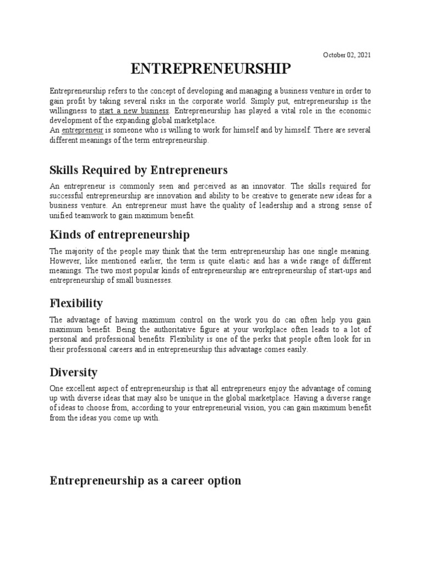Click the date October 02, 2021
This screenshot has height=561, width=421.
point(346,55)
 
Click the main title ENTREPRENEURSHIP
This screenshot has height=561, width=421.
point(211,70)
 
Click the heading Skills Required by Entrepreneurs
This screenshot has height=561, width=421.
point(138,169)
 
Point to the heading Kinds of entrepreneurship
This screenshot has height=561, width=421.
point(120,235)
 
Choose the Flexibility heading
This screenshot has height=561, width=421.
point(76,303)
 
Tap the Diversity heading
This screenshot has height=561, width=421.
point(73,373)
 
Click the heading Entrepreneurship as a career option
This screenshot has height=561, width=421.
point(145,480)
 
